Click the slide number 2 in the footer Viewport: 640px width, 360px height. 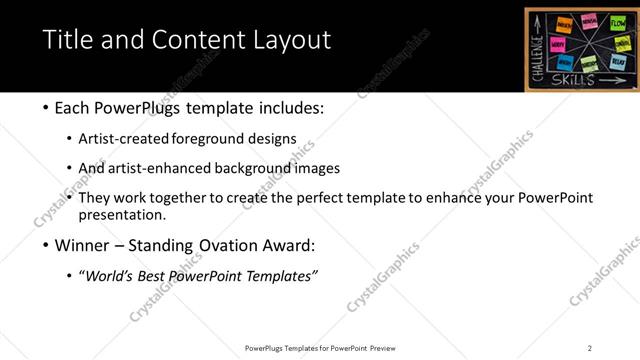(x=590, y=348)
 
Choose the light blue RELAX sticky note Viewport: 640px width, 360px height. (x=618, y=62)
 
